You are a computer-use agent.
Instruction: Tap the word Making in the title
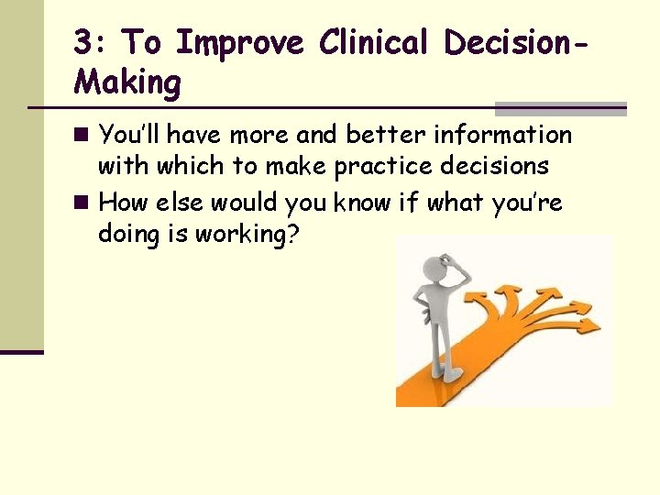click(x=127, y=82)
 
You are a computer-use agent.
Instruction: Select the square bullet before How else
click(x=82, y=203)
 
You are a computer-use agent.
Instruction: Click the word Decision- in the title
click(x=513, y=43)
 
